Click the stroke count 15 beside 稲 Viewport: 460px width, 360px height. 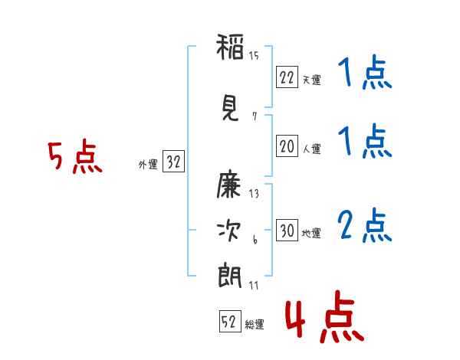pos(254,56)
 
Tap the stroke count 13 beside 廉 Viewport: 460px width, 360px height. pos(254,194)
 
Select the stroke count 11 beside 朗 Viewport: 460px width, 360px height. pos(254,286)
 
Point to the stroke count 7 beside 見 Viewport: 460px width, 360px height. pos(254,116)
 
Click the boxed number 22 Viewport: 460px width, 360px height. pos(286,77)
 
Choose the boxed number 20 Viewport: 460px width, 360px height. pos(286,146)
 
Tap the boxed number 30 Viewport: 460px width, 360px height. pos(286,231)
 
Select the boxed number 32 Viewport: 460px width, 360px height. pos(173,162)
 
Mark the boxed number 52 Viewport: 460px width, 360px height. pos(228,322)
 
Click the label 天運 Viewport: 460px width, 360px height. pos(311,80)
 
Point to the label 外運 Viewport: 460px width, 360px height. pos(147,164)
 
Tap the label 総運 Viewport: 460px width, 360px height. pos(255,325)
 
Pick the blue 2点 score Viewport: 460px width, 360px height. pos(364,226)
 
